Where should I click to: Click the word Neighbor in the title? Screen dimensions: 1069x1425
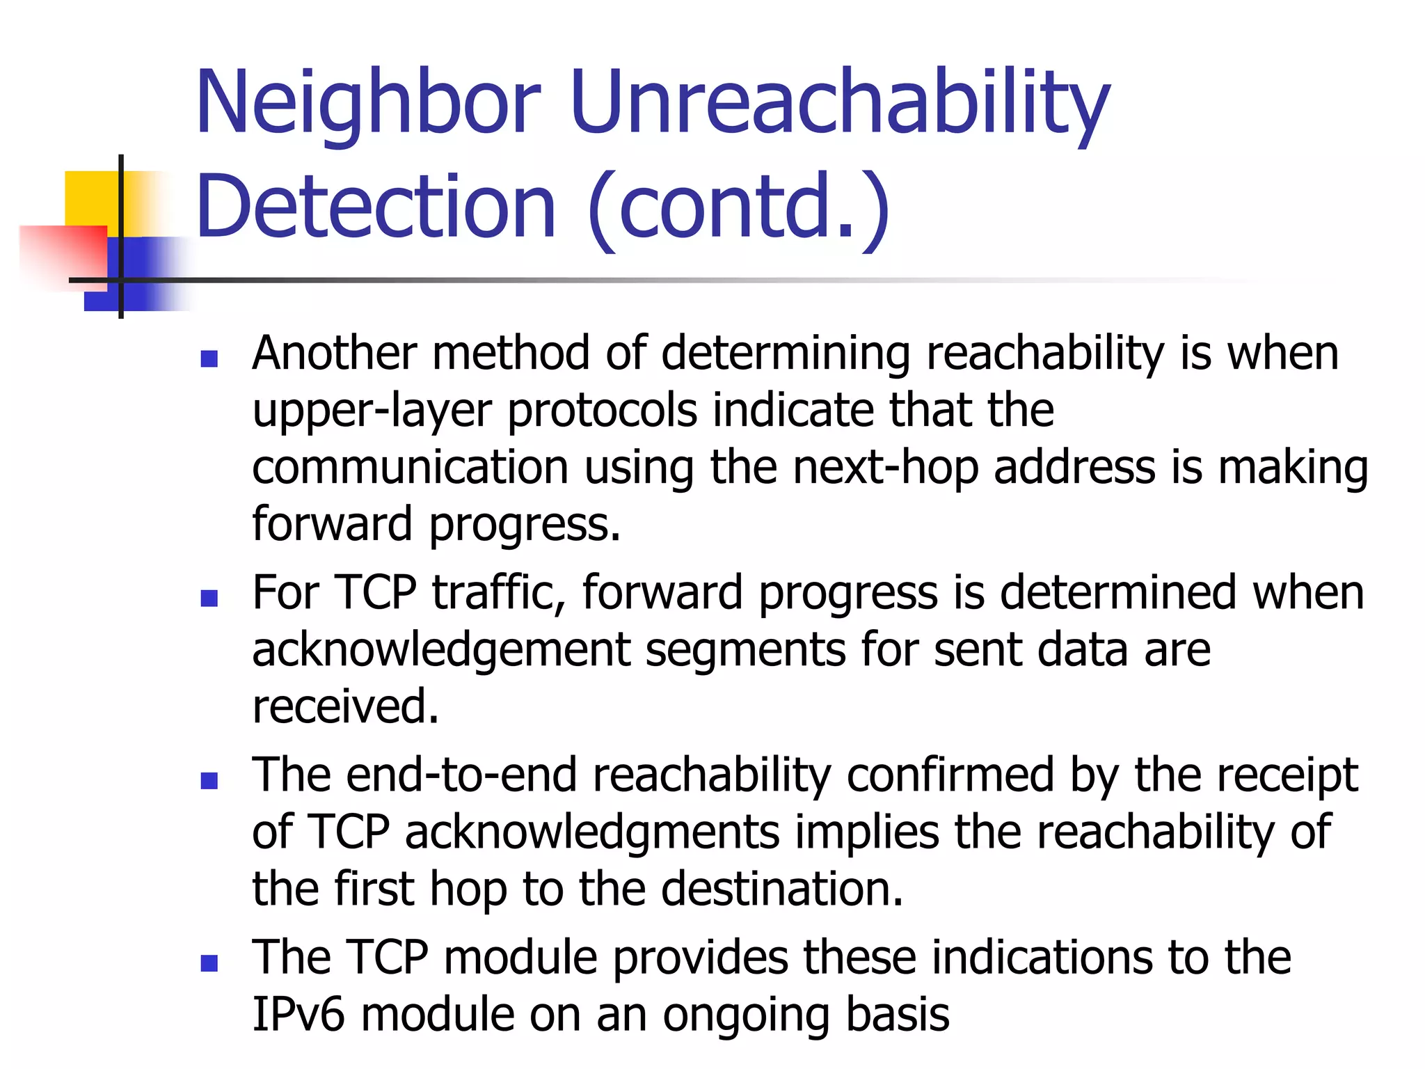click(x=368, y=103)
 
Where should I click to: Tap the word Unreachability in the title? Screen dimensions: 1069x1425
click(x=839, y=103)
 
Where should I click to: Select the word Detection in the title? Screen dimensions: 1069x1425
click(x=376, y=207)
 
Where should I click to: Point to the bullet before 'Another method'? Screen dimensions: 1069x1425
click(x=209, y=358)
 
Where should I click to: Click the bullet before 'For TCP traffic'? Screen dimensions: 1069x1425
click(x=209, y=598)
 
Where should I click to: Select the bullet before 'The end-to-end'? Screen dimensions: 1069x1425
click(x=209, y=780)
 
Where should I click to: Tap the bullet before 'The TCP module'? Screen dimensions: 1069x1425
click(x=209, y=963)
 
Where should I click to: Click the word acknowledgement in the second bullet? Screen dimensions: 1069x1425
click(x=441, y=651)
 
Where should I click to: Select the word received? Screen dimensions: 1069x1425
click(x=345, y=707)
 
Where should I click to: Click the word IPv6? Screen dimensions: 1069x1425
click(x=298, y=1015)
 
